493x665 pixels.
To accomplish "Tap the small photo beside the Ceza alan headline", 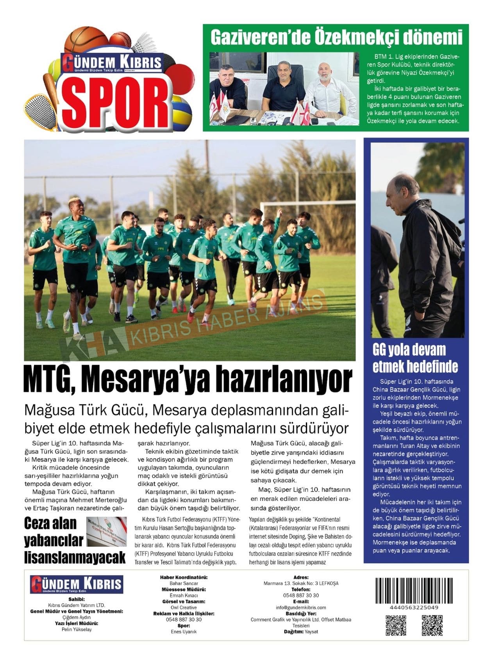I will (106, 531).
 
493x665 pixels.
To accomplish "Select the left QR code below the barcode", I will (396, 625).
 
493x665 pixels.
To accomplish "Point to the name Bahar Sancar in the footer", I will (184, 583).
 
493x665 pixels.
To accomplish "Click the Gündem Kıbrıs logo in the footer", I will (77, 584).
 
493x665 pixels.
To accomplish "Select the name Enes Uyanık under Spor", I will (184, 632).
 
